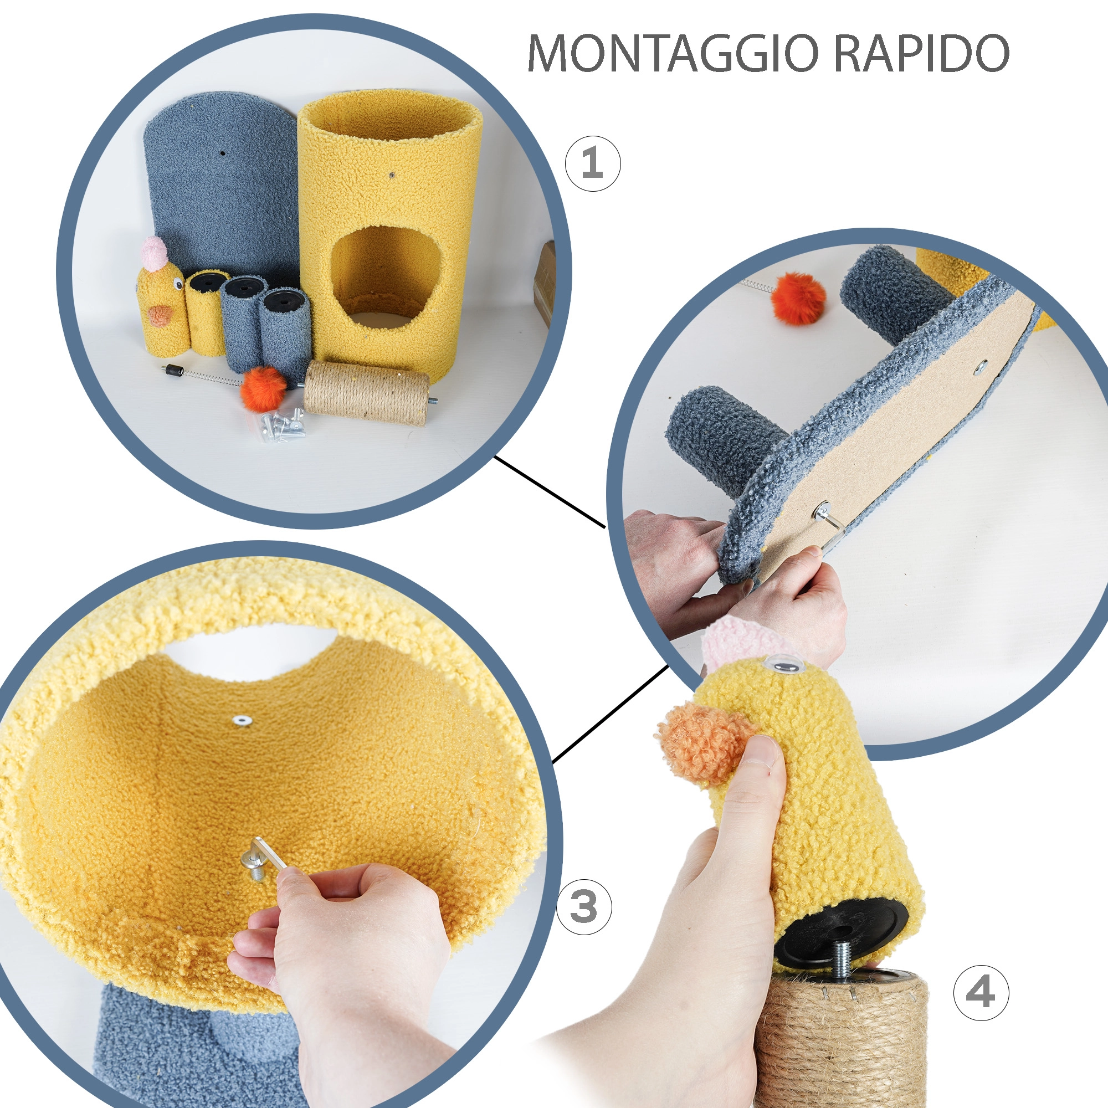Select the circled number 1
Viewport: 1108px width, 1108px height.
592,163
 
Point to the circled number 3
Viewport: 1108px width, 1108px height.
584,907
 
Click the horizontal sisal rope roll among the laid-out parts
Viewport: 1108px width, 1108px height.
366,392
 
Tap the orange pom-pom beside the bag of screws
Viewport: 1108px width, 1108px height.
263,389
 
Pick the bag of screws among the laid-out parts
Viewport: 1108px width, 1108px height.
282,424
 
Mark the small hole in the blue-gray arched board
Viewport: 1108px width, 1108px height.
222,153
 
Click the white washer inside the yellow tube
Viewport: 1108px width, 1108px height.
240,720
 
